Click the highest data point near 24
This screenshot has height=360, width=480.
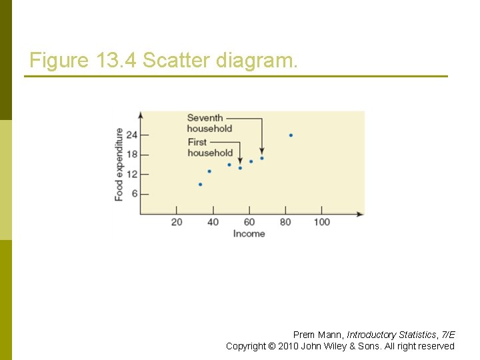(x=291, y=135)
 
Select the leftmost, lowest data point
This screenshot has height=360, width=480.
(x=200, y=184)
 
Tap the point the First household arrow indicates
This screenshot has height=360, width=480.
(x=240, y=168)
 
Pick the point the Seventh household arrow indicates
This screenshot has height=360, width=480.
(x=262, y=158)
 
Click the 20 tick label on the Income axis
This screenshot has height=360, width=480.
(x=177, y=222)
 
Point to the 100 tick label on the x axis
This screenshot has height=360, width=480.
(x=322, y=222)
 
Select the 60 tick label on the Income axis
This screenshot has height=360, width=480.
(x=249, y=222)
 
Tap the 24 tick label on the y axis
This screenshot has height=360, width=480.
(x=131, y=135)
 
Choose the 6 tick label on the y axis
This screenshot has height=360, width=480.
(x=134, y=194)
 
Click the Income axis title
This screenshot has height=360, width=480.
(x=249, y=234)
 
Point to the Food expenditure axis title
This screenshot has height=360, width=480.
(x=119, y=164)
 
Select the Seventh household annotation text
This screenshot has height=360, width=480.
(x=209, y=123)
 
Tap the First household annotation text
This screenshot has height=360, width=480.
(x=209, y=147)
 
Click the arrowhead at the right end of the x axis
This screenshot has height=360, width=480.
(x=361, y=214)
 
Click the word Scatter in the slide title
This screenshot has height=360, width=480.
(x=175, y=61)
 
